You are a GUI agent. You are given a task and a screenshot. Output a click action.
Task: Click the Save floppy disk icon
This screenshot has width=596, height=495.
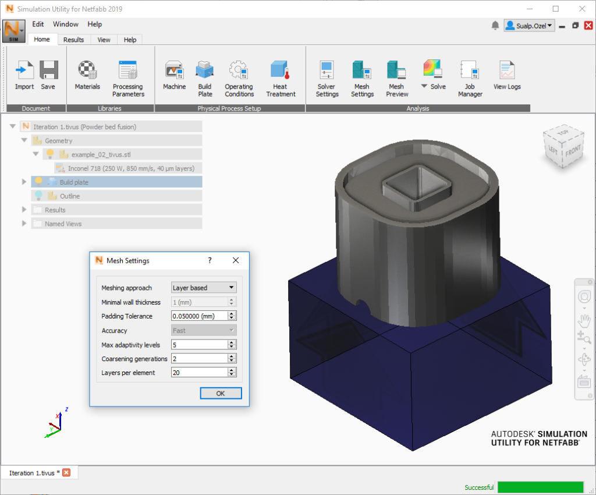click(x=49, y=70)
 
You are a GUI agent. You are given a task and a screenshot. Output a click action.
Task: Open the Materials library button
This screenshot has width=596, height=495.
click(x=87, y=75)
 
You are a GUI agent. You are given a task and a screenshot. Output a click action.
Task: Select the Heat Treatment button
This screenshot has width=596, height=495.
click(x=281, y=79)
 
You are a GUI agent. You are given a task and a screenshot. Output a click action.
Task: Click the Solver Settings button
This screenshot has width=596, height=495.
click(x=327, y=79)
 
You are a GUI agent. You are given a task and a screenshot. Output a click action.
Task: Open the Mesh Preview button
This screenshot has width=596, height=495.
click(x=397, y=79)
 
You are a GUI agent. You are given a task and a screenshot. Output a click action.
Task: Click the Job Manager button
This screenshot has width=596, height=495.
click(x=470, y=79)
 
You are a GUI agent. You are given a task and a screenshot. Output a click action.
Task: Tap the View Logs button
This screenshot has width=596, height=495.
click(x=507, y=75)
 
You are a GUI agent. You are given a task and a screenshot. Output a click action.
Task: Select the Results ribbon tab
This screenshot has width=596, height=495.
click(x=73, y=40)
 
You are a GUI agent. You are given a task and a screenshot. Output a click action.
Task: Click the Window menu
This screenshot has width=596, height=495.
click(x=65, y=24)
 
